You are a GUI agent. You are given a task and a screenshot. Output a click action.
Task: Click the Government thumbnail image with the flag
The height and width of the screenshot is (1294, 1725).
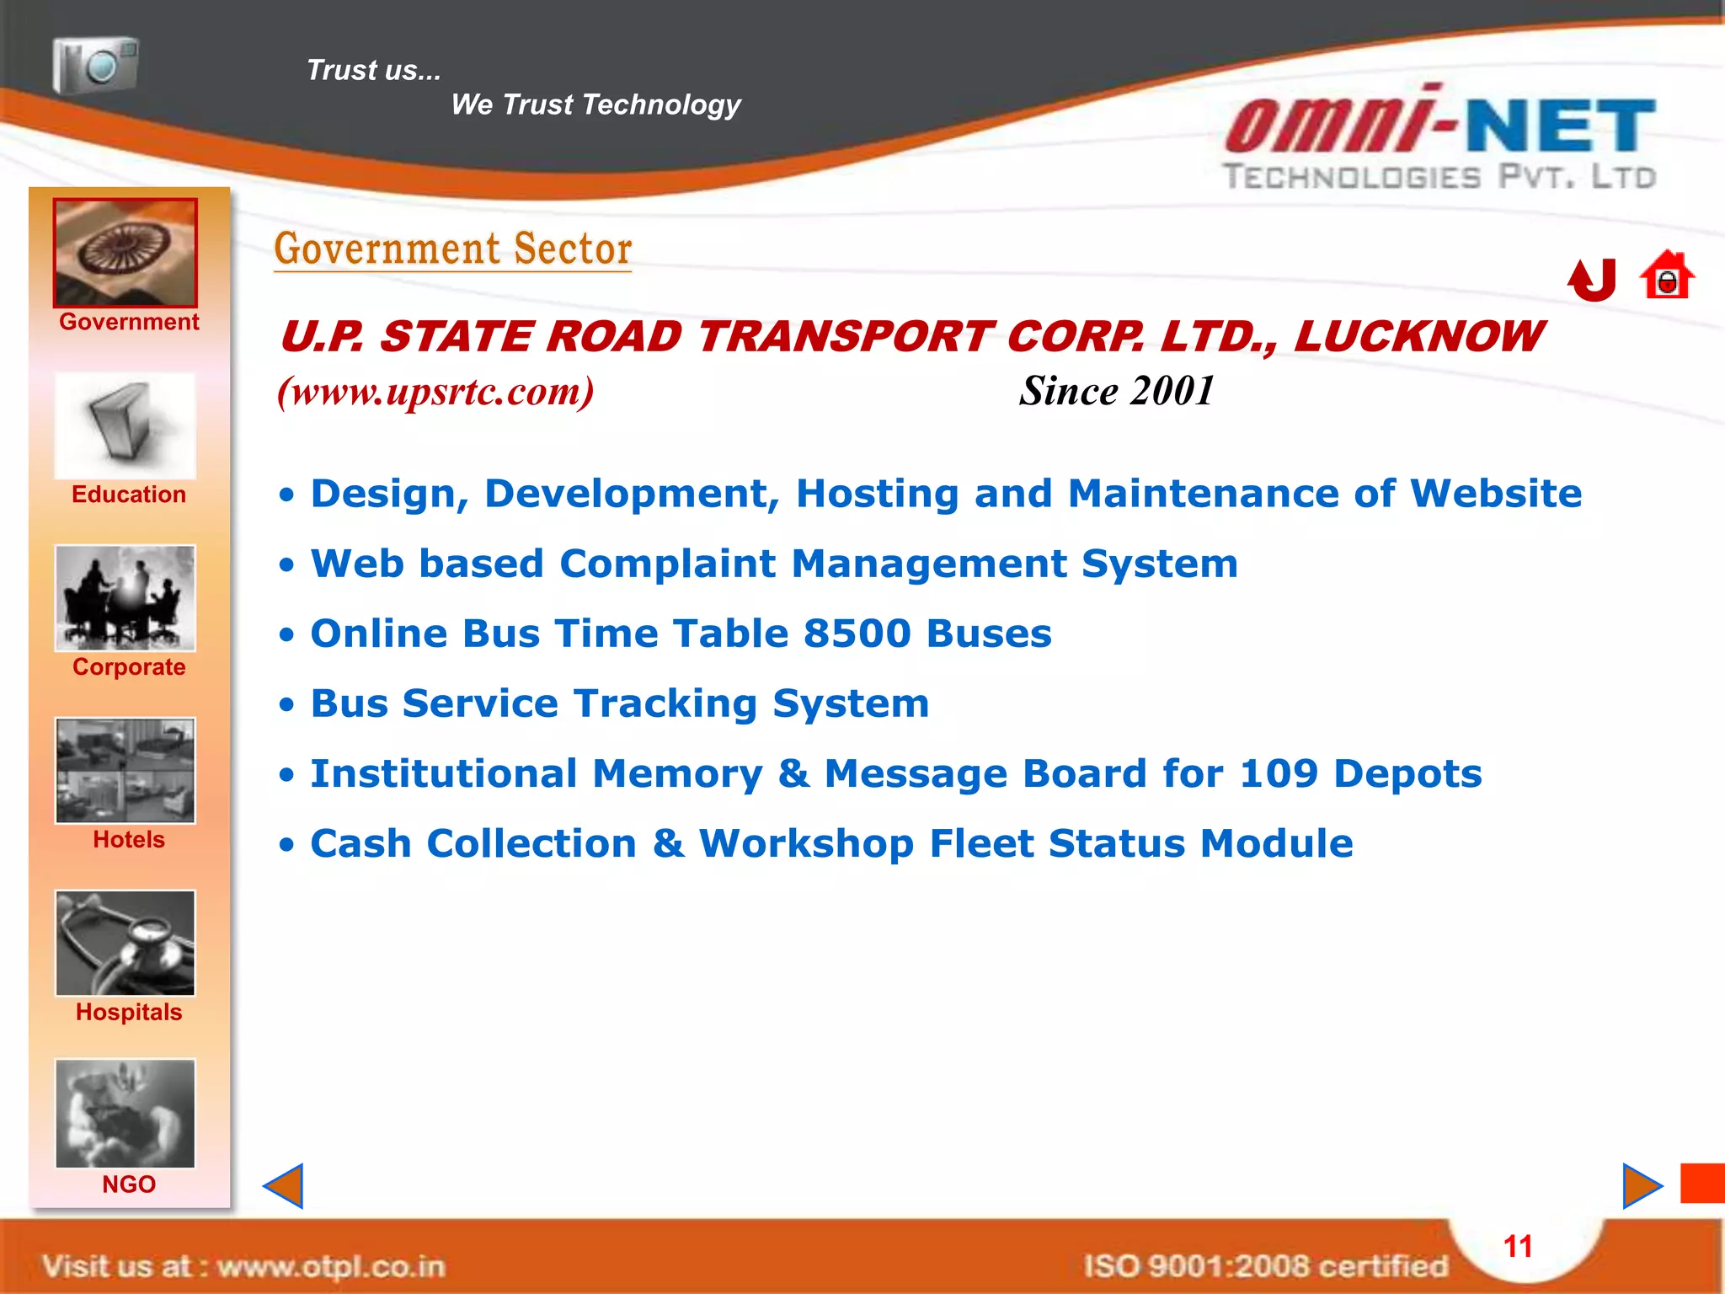coord(126,253)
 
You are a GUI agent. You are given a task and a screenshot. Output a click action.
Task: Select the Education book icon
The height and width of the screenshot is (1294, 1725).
coord(126,426)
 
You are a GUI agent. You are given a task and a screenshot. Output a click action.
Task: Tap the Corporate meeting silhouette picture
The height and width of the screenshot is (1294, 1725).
coord(126,598)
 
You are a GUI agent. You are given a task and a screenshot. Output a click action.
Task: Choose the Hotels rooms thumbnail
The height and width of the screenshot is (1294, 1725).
coord(126,770)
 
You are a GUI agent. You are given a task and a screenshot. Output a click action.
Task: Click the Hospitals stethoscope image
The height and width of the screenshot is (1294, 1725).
coord(126,943)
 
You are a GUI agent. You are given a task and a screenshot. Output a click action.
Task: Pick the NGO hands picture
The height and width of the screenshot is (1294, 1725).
coord(126,1114)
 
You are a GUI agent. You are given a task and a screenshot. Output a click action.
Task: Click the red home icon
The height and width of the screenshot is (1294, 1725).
coord(1667,276)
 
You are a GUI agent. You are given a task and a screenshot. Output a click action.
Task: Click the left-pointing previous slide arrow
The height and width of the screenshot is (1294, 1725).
coord(284,1186)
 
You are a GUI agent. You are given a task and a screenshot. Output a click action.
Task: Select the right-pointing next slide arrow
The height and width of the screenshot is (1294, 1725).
coord(1642,1186)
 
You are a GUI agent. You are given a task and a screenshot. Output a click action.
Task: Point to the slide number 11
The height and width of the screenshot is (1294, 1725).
coord(1518,1247)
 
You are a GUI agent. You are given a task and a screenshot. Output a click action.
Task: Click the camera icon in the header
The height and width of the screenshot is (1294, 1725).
coord(95,65)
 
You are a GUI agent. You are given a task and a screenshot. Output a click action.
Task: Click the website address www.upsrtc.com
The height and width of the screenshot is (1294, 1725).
coord(436,391)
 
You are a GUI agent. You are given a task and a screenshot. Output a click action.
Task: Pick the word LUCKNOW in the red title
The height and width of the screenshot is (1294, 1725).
coord(1418,337)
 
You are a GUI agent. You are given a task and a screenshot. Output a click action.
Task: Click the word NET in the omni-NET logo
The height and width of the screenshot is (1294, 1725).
coord(1561,126)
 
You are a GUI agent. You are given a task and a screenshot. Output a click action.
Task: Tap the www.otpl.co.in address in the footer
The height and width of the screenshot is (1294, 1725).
coord(331,1266)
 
